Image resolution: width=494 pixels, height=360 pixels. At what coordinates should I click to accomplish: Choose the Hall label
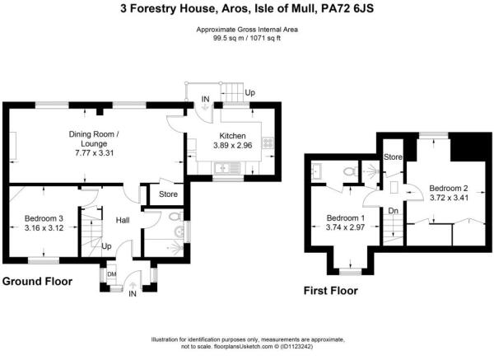coord(123,220)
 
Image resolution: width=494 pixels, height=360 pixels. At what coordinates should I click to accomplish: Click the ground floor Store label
coord(168,195)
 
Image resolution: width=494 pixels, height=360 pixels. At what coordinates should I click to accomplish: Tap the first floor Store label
coord(393,157)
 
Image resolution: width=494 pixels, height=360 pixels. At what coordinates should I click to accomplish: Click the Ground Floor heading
coord(36,282)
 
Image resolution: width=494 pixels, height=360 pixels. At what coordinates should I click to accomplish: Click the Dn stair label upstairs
coord(393,211)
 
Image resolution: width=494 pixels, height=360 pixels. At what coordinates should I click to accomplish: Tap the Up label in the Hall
coord(106,246)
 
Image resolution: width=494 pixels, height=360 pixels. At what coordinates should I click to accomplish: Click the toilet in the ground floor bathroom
coord(172,218)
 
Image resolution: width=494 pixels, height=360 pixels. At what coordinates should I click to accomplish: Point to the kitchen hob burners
coord(268,142)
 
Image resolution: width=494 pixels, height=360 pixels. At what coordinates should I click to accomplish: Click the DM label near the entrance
coord(112,274)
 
